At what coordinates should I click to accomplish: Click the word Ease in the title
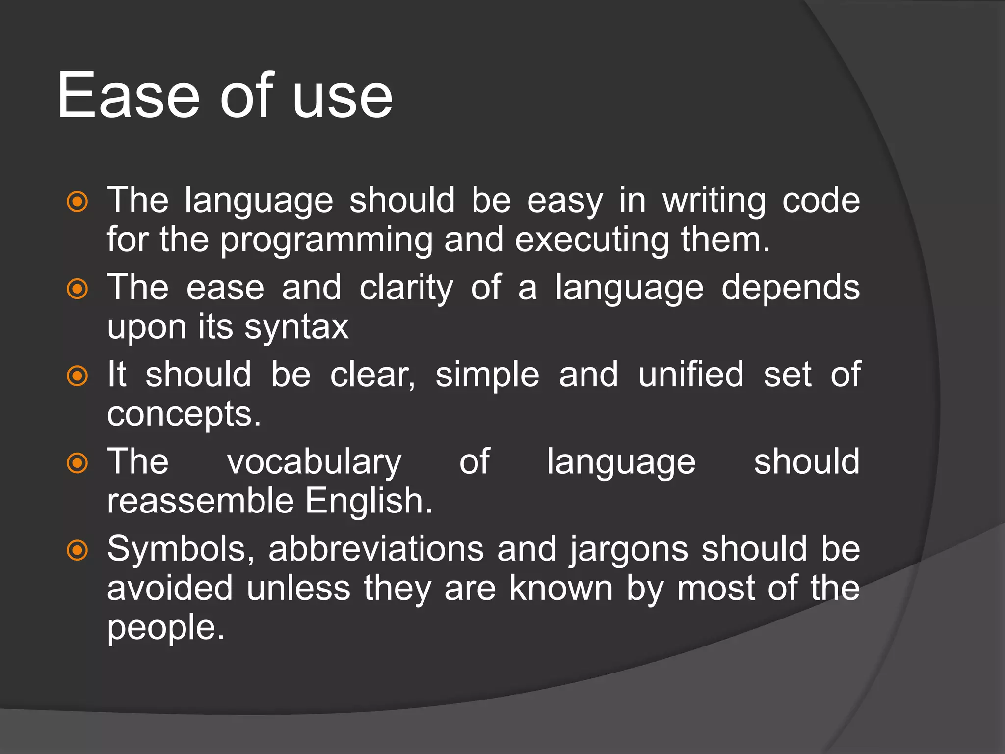129,96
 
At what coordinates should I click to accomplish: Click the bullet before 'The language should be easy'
77,202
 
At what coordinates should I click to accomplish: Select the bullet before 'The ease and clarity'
77,289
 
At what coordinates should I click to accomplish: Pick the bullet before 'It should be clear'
77,376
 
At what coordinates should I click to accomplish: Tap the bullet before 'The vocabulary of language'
77,463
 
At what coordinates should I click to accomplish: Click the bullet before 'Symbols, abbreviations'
77,550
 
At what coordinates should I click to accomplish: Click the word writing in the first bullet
714,201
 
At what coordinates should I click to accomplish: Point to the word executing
592,241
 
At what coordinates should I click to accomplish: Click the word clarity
406,289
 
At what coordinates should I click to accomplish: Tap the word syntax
296,328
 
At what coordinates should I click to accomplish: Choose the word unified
691,375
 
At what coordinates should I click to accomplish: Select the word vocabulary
314,463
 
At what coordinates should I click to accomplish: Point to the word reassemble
200,501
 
